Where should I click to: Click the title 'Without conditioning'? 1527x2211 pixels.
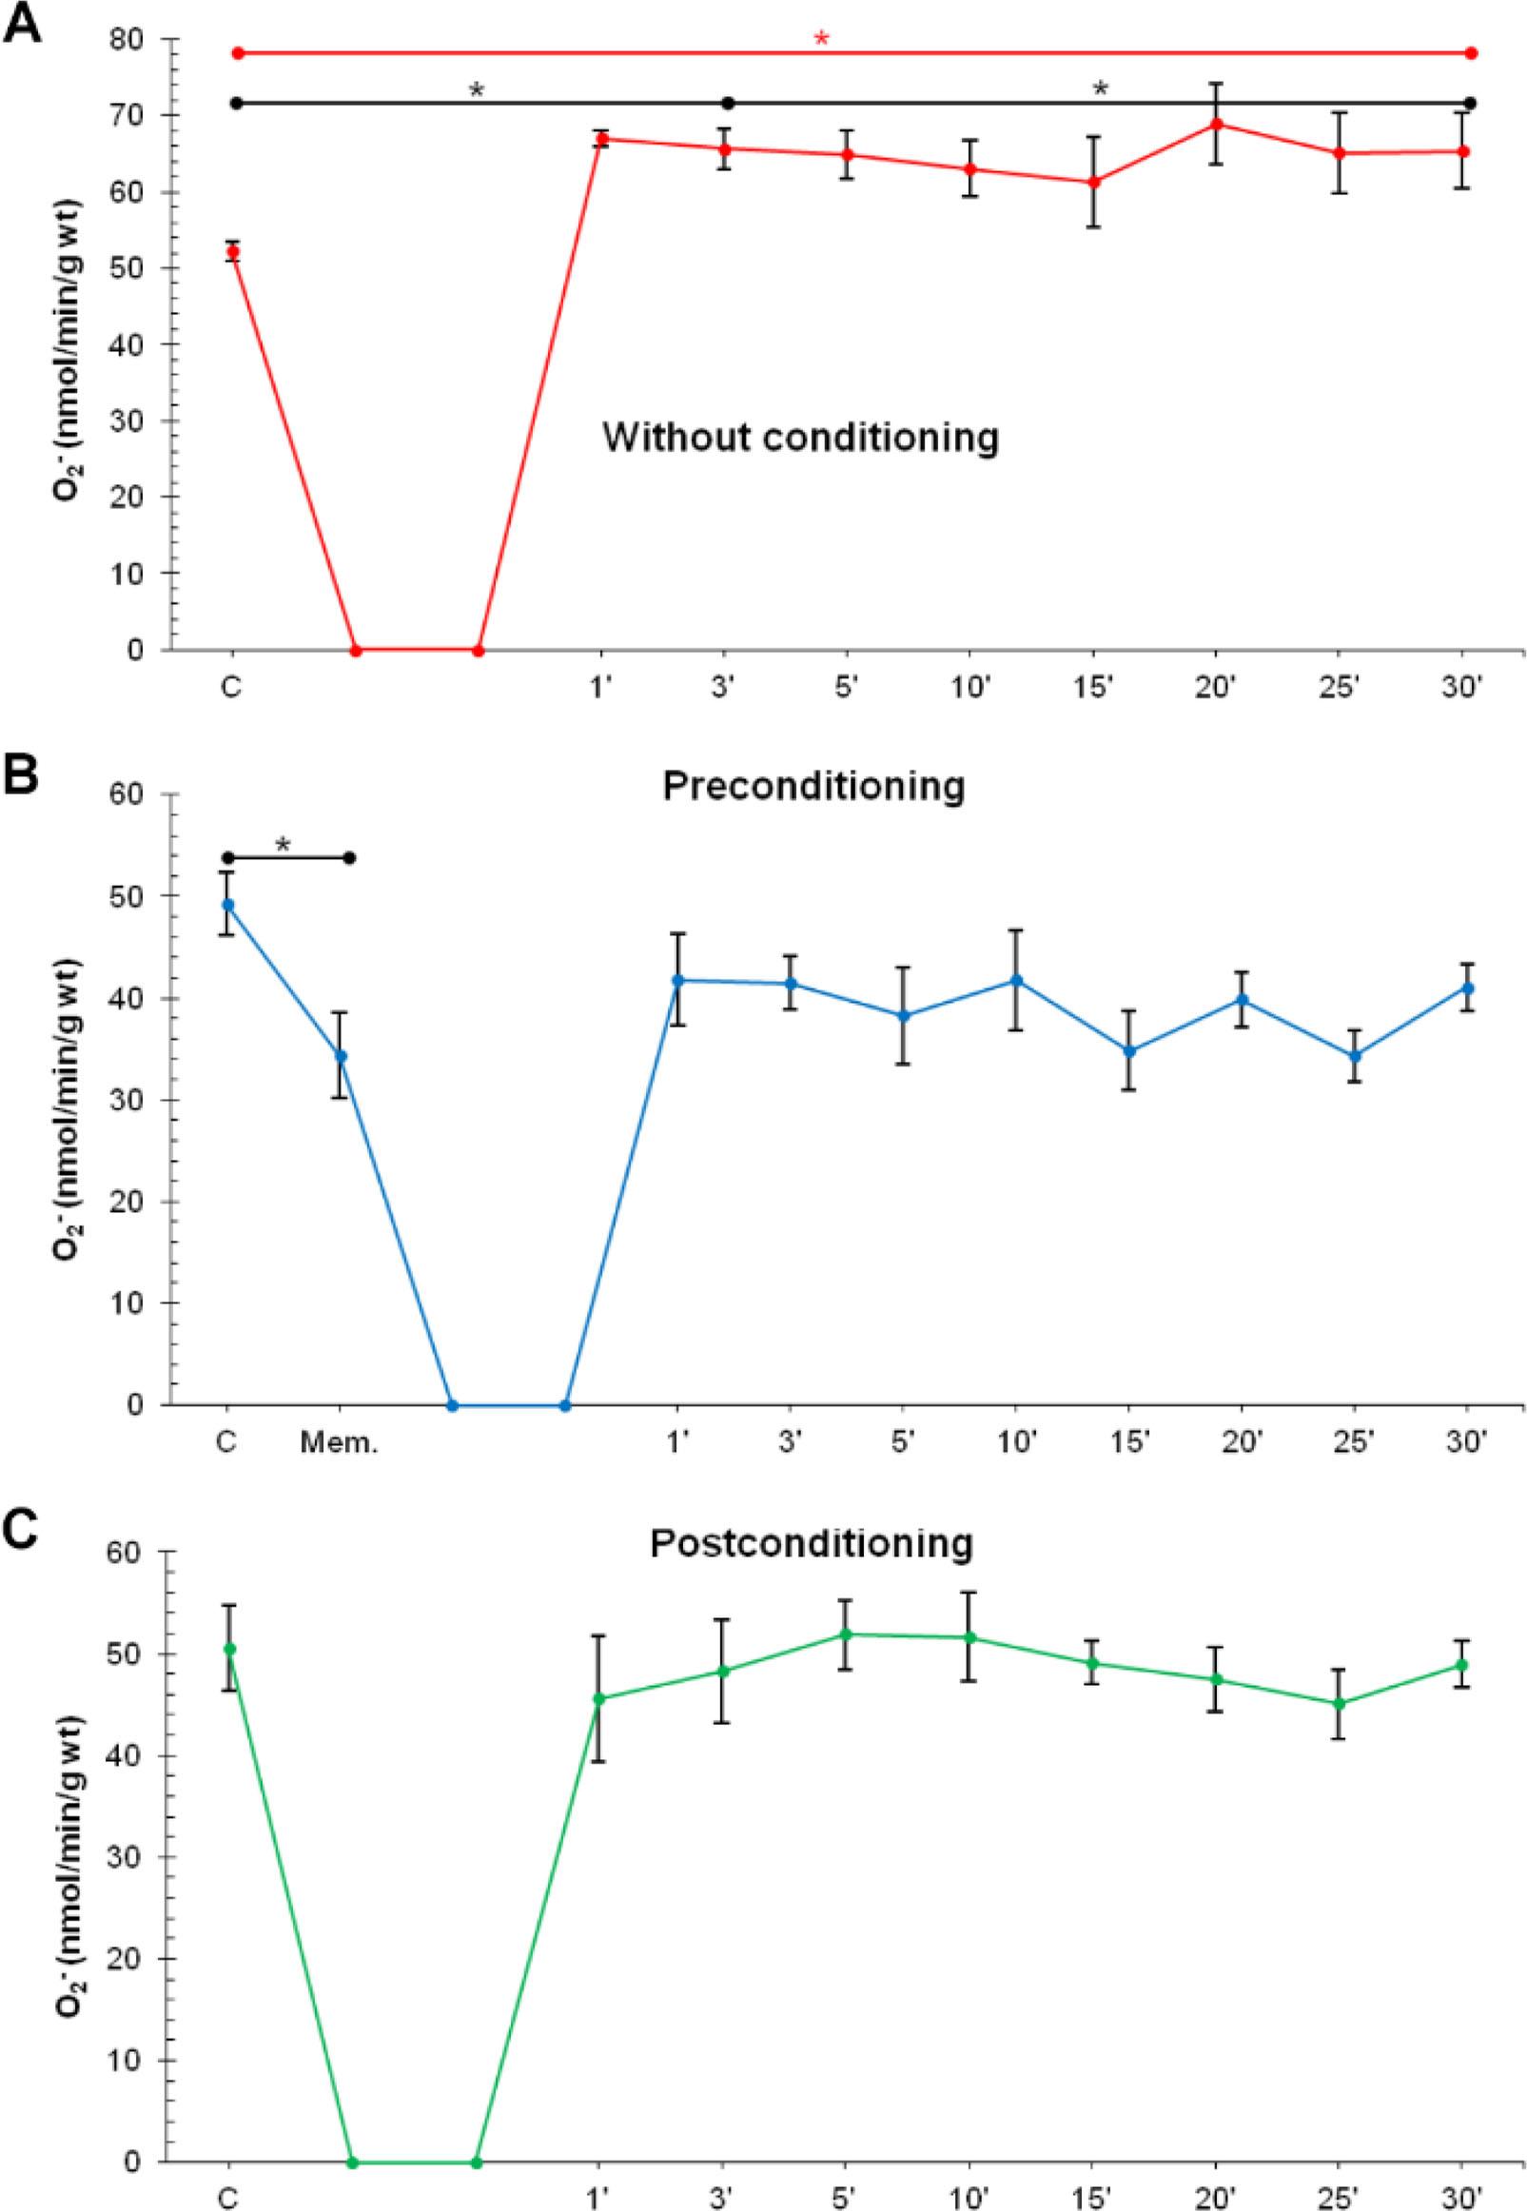coord(800,439)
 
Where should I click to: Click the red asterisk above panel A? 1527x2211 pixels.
coord(820,39)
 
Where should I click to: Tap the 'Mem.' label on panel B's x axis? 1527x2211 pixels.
coord(340,1441)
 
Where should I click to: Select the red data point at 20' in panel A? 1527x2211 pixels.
coord(1216,124)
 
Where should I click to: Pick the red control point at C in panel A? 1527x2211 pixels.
coord(232,251)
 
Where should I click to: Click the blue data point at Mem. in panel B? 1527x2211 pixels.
coord(340,1056)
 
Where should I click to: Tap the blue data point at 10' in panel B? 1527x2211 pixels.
coord(1016,981)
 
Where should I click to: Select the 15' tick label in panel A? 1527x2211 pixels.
coord(1092,689)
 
